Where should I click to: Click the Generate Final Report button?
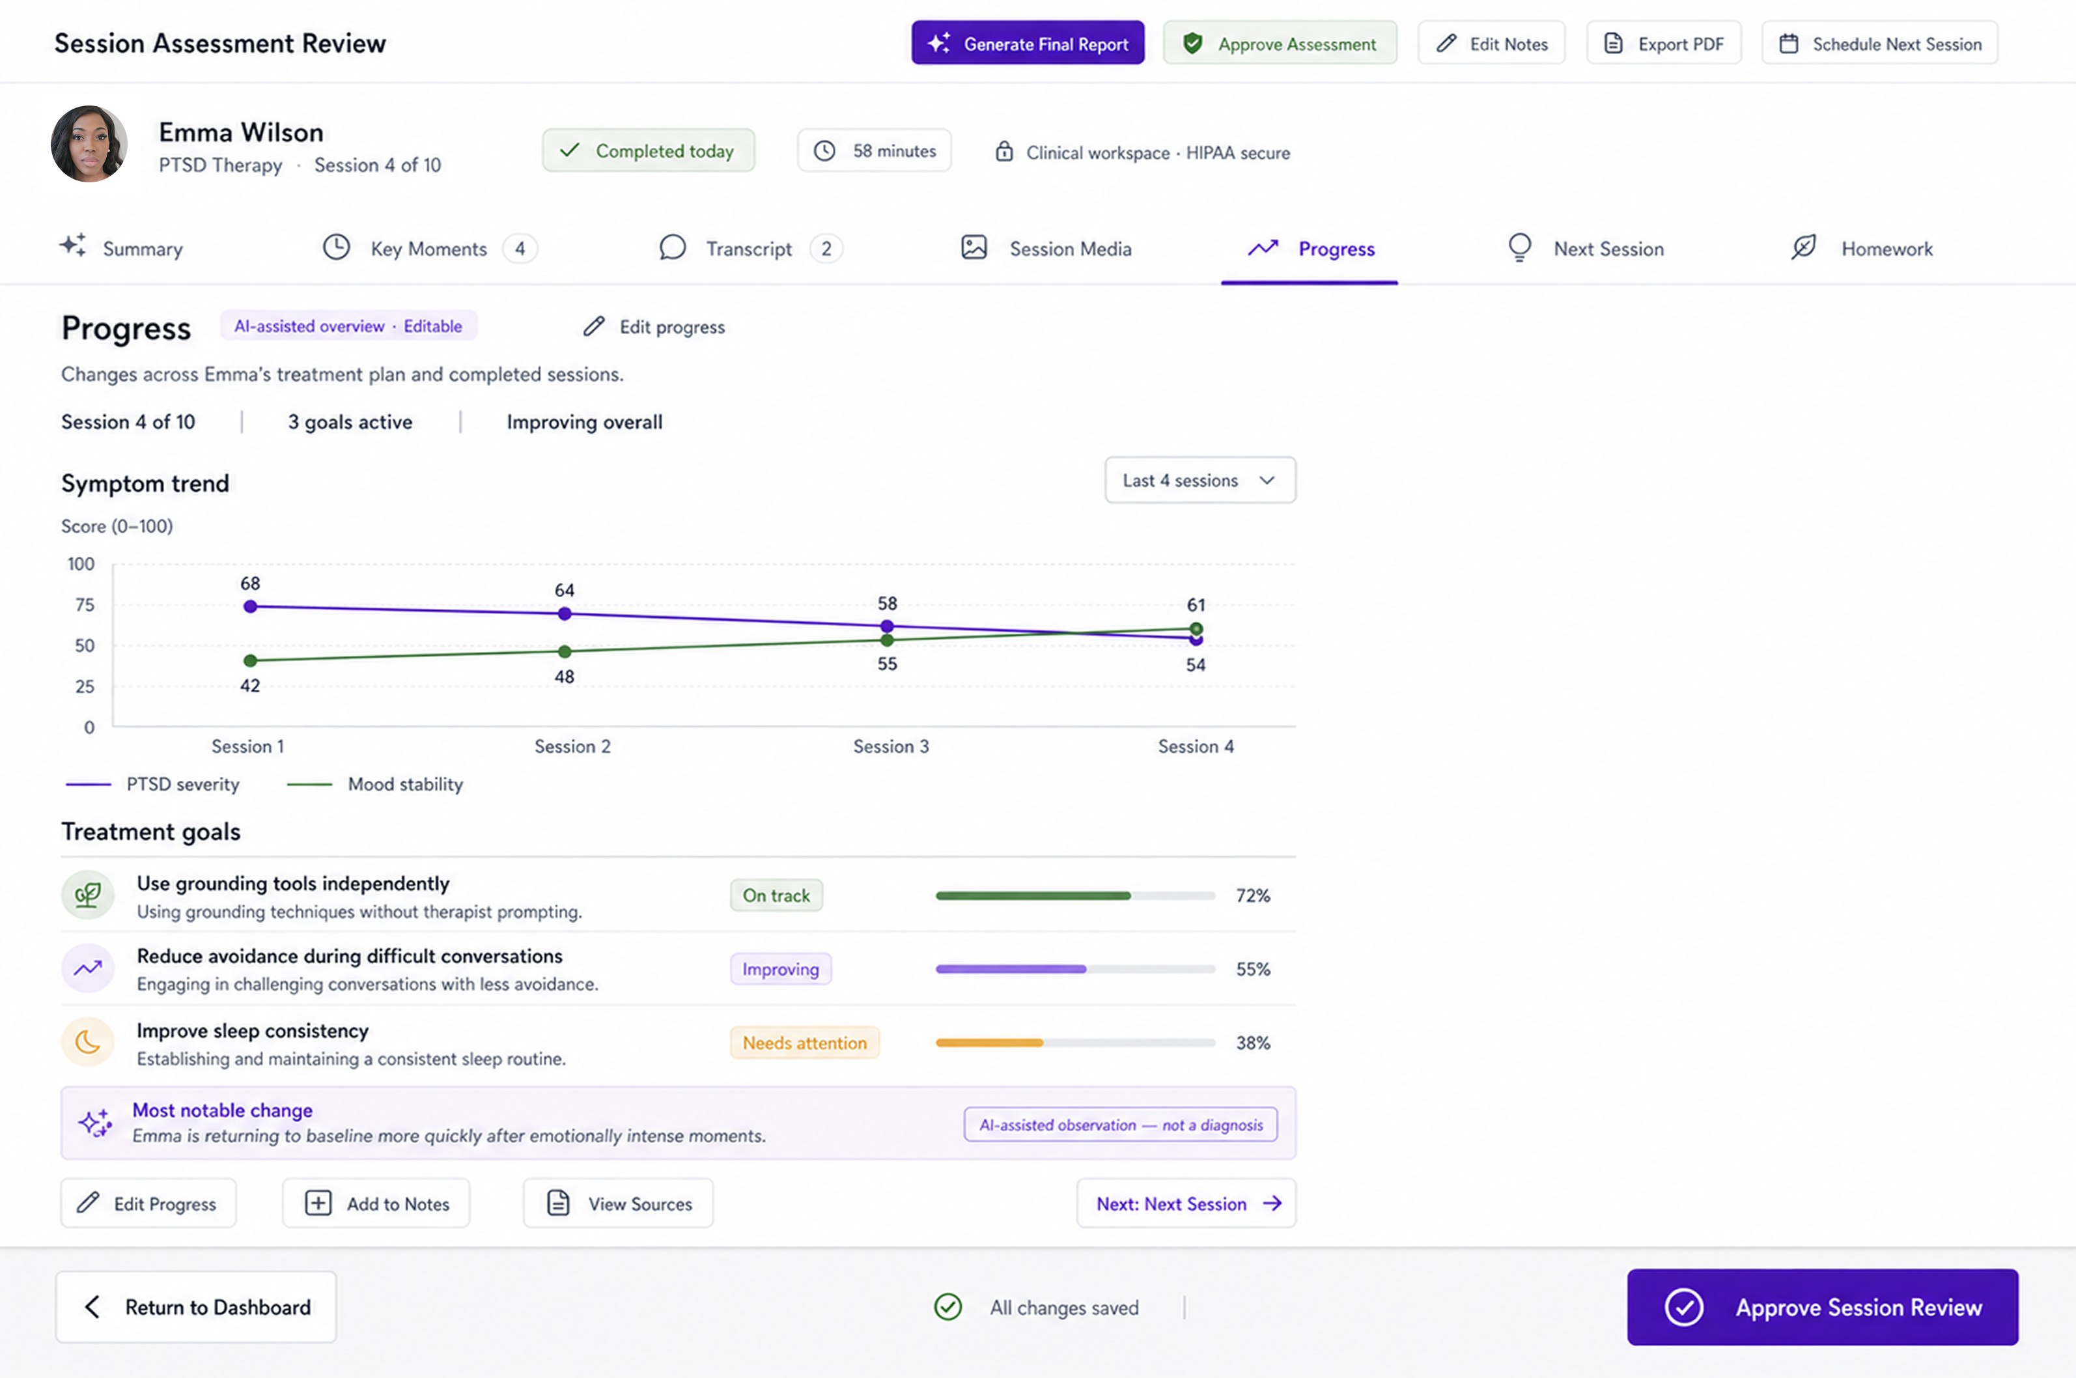click(x=1028, y=43)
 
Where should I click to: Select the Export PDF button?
click(x=1664, y=43)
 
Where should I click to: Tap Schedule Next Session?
click(x=1880, y=43)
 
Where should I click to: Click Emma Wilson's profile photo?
click(x=89, y=144)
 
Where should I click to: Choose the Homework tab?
click(x=1862, y=249)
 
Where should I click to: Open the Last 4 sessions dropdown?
click(x=1200, y=480)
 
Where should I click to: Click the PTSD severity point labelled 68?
click(x=251, y=606)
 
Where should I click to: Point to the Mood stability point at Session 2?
click(x=565, y=651)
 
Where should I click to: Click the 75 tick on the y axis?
click(x=85, y=604)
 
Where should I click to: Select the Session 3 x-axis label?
click(x=891, y=746)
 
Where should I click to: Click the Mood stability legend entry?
click(x=375, y=784)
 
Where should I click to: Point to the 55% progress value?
click(x=1253, y=969)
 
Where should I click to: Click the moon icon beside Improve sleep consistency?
click(x=88, y=1042)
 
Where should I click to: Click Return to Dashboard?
click(x=196, y=1307)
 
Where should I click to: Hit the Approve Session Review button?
click(x=1823, y=1307)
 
